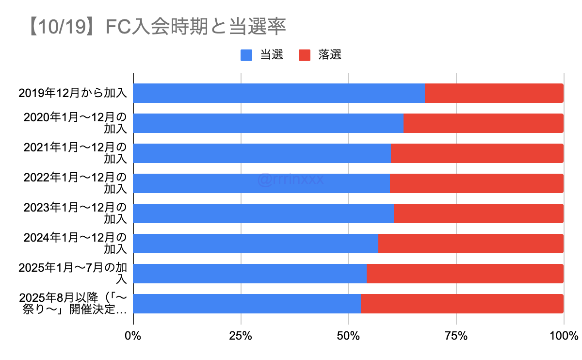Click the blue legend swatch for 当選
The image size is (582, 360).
246,55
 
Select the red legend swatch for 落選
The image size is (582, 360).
305,55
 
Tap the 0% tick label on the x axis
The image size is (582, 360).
133,335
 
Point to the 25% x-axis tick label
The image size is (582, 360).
241,335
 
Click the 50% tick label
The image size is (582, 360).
348,335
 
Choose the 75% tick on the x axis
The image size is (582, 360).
456,335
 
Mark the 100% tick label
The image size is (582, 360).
564,335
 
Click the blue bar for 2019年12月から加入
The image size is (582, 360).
279,93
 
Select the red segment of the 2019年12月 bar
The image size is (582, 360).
494,93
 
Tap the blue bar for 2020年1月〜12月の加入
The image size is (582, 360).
268,123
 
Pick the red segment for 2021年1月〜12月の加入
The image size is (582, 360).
477,153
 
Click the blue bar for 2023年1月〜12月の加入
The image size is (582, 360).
263,213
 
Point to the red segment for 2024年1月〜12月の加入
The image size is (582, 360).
470,244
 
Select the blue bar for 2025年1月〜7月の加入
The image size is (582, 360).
250,274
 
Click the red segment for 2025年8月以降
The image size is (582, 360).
462,304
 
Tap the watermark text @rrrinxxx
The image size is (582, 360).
291,180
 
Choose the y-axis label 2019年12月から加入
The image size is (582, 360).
73,93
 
